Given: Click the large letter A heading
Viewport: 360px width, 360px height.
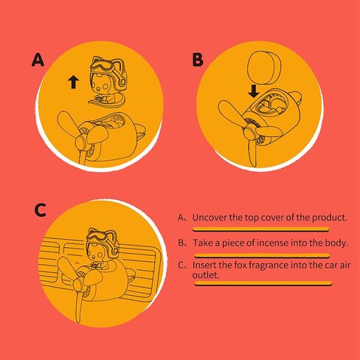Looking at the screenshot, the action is tap(38, 60).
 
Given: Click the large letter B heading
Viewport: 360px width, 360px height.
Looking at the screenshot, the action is tap(198, 60).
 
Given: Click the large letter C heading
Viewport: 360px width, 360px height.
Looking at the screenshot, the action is tap(40, 210).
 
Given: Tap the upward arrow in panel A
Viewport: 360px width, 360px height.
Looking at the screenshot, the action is tap(73, 82).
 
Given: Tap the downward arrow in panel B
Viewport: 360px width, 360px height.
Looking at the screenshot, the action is tap(254, 91).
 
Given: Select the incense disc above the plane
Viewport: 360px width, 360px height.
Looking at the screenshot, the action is tap(264, 67).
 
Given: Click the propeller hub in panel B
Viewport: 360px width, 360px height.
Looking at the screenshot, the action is tap(251, 133).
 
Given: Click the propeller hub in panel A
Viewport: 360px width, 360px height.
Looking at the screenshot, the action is tap(83, 142).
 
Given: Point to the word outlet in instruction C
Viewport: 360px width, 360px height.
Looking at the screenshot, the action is tap(206, 275).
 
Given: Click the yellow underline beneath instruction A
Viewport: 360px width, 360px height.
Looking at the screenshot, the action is tap(261, 229).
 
